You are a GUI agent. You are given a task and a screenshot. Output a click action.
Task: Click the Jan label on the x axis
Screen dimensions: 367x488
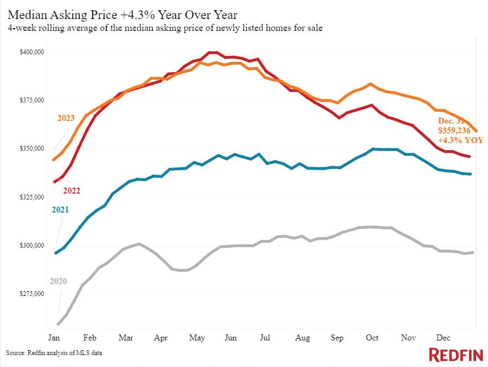pos(54,338)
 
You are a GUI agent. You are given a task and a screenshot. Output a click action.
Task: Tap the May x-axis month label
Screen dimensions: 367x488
pos(197,338)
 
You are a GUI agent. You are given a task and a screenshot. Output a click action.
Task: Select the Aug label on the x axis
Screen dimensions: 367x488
pos(303,338)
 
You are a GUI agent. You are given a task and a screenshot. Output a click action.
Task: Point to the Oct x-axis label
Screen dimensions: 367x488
pos(372,338)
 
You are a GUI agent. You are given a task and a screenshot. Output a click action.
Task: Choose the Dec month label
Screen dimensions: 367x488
pos(444,338)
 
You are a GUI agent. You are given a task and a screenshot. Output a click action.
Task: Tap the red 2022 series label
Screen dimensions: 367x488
pos(72,190)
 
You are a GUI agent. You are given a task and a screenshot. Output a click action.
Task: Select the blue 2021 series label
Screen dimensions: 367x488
pos(61,209)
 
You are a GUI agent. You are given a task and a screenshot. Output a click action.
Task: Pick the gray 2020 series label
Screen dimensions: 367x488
pos(58,281)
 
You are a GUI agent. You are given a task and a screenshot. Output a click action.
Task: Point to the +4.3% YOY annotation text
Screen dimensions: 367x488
pos(460,140)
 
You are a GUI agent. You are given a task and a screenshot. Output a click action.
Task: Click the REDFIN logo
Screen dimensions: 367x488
pos(455,355)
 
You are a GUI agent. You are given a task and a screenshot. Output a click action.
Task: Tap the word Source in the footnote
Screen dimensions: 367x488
pos(16,353)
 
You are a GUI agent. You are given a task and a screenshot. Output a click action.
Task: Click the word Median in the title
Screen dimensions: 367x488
pos(25,12)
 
